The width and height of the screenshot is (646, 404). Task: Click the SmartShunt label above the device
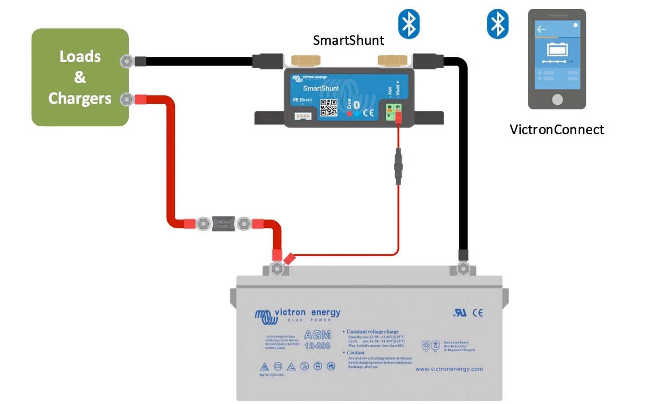tap(348, 40)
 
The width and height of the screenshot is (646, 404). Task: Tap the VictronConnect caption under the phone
tap(556, 130)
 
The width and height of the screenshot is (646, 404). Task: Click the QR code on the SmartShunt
tap(328, 108)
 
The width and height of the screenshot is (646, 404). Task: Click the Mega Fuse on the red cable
tap(223, 223)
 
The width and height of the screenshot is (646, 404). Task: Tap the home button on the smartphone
tap(557, 99)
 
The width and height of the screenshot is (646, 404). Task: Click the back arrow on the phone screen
tap(541, 29)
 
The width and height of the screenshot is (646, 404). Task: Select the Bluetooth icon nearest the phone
tap(498, 23)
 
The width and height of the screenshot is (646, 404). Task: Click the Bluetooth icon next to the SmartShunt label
tap(409, 23)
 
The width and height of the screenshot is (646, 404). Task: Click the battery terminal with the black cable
tap(463, 269)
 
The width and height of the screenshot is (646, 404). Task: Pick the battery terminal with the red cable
tap(277, 269)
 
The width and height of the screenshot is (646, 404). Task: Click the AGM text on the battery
tap(317, 335)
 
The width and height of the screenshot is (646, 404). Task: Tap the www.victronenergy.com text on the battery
tap(449, 369)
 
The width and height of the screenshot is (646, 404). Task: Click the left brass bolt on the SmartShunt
tap(306, 61)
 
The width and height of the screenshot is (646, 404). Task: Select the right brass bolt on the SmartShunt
tap(392, 61)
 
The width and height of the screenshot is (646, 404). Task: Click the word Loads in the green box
tap(80, 57)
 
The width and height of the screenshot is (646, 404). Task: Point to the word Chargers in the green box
tap(80, 98)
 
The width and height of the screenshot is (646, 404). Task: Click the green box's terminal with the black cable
tap(127, 61)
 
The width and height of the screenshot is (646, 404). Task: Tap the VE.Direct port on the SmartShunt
tap(303, 116)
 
